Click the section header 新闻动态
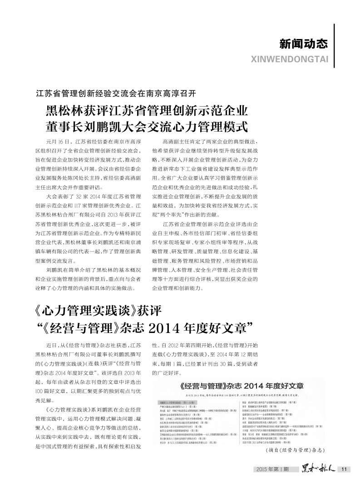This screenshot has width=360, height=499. [x=303, y=44]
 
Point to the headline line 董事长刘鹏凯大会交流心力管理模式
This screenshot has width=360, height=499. [x=146, y=127]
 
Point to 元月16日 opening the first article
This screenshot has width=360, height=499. [x=60, y=142]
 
